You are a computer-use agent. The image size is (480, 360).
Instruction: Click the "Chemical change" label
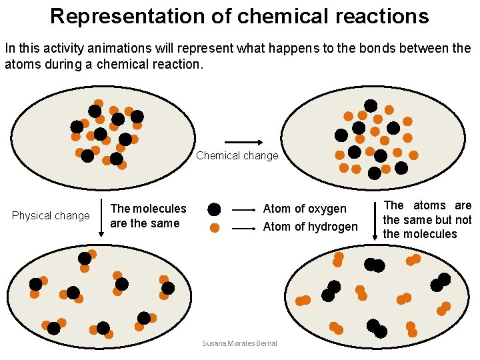tap(237, 156)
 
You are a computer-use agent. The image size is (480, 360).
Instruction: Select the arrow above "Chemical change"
tap(243, 142)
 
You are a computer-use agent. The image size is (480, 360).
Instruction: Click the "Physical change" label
tap(51, 215)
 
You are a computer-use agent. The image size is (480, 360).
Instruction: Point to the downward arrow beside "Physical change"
tap(100, 217)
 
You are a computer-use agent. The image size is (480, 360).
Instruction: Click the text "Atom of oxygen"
tap(305, 209)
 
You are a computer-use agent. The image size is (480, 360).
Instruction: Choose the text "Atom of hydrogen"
tap(310, 227)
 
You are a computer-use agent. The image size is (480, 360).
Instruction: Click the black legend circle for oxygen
tap(214, 209)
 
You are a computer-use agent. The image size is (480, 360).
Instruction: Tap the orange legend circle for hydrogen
tap(214, 227)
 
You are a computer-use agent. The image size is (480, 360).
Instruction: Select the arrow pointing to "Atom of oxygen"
tap(244, 209)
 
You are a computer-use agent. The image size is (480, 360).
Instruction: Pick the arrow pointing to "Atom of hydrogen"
tap(244, 228)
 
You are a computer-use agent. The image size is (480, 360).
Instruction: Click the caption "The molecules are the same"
tap(148, 216)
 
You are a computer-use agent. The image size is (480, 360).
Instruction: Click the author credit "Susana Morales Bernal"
tap(239, 343)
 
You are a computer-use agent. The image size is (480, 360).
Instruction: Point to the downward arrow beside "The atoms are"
tap(375, 218)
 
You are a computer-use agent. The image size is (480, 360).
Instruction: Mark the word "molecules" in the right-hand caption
tap(429, 234)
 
